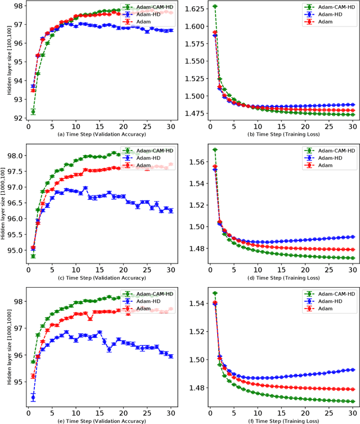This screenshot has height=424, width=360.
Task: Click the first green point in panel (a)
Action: point(33,111)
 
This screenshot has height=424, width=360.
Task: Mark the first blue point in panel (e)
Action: point(33,398)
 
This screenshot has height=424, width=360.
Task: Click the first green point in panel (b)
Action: point(215,6)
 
